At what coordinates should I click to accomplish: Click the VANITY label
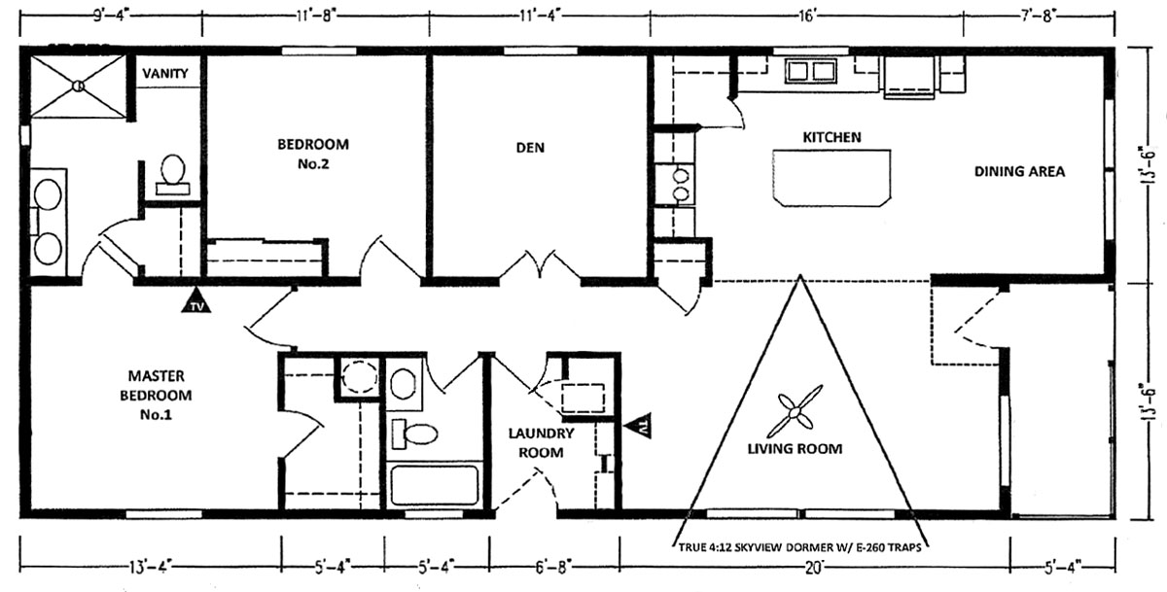click(x=165, y=74)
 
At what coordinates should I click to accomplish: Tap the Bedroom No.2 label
click(x=313, y=154)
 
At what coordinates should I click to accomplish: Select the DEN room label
click(x=530, y=148)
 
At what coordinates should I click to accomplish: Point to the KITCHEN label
click(x=831, y=137)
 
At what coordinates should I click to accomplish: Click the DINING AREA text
click(x=1019, y=171)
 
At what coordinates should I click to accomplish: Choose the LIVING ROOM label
click(x=795, y=449)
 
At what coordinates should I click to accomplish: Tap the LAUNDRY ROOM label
click(x=541, y=442)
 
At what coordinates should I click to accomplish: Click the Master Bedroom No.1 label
click(x=156, y=396)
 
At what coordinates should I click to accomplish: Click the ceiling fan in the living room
click(x=795, y=412)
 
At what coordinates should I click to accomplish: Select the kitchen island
click(x=831, y=178)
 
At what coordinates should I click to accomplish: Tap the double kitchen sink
click(x=811, y=71)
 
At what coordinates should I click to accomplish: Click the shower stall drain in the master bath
click(x=78, y=86)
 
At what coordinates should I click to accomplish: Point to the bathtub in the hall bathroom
click(x=435, y=485)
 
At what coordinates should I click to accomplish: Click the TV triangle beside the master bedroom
click(x=196, y=301)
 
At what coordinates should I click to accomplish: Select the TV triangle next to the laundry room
click(x=638, y=426)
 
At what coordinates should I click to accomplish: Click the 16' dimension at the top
click(x=806, y=17)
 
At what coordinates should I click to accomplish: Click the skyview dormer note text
click(x=799, y=547)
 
